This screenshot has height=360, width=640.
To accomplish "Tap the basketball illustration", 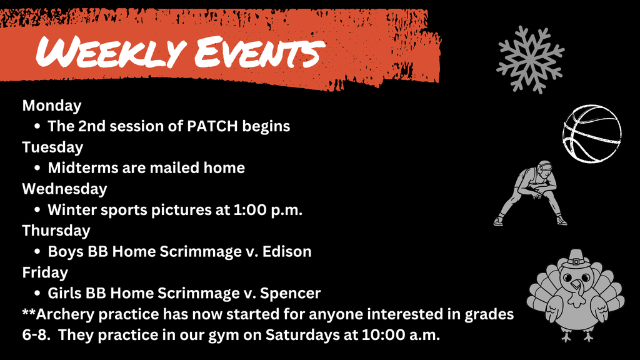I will (591, 134).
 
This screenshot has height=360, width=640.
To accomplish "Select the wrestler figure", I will (531, 192).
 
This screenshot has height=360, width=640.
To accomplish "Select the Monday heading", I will (52, 105).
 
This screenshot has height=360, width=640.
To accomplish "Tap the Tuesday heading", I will (52, 147).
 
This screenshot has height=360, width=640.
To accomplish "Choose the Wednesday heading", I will (64, 188).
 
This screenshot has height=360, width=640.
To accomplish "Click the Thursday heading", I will (56, 230).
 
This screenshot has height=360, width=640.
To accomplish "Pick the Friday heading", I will (45, 272).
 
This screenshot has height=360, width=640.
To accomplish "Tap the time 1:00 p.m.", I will (267, 209).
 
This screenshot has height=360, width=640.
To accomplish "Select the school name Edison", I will (287, 251).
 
